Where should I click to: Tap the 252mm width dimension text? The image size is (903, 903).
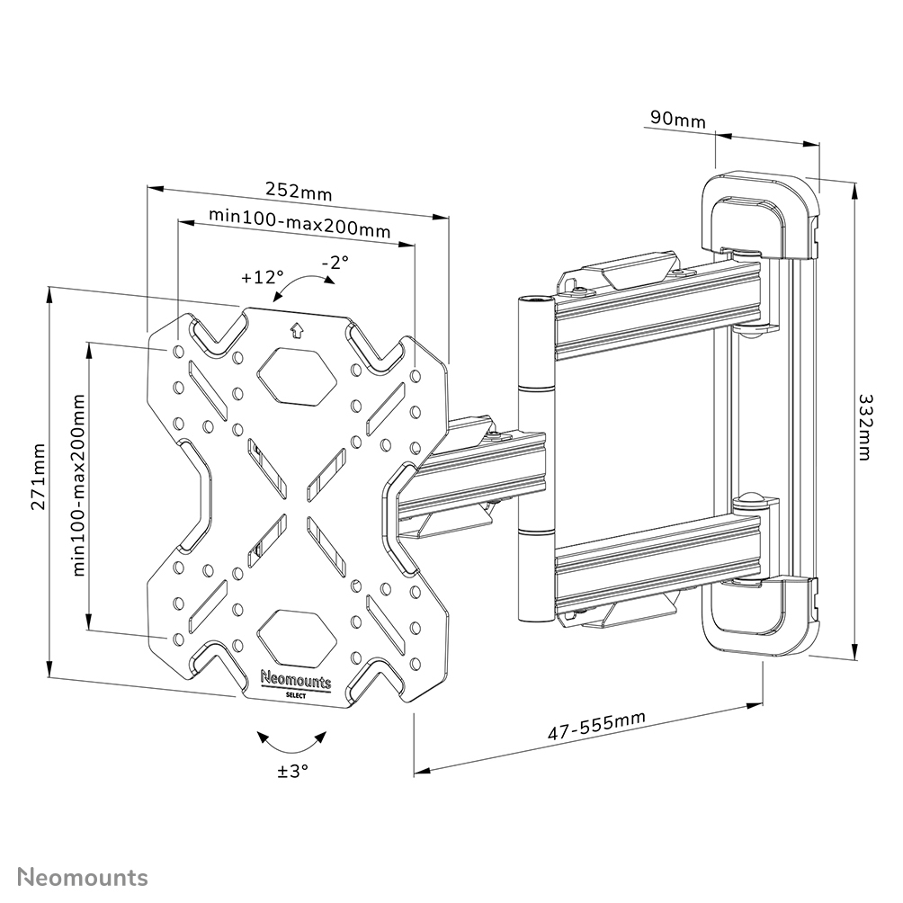[299, 192]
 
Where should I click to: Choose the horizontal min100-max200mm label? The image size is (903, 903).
[300, 222]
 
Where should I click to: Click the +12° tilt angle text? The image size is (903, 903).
[262, 277]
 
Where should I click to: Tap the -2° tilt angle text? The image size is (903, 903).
[335, 262]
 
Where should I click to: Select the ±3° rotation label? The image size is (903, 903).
[292, 770]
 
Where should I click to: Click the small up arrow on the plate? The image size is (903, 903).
[297, 330]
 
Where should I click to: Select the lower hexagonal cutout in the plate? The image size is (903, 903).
[294, 634]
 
